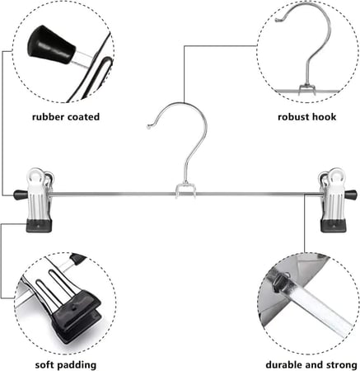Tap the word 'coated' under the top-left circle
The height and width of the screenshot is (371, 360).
point(83,117)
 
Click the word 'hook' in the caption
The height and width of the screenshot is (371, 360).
point(323,117)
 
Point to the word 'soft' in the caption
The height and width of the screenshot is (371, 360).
point(45,365)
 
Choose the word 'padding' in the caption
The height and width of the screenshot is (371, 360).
point(77,365)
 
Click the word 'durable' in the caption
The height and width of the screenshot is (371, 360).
point(284,365)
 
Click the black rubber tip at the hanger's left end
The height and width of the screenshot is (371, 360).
point(21,195)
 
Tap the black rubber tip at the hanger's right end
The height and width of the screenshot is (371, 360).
point(351,195)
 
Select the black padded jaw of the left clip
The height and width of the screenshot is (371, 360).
point(39,225)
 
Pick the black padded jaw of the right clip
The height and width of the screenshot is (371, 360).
point(334,225)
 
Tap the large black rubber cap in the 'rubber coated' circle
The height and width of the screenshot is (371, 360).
point(51,45)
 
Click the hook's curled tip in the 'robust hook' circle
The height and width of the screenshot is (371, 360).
point(278,20)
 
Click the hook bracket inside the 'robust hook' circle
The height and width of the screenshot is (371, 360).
point(306,89)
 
